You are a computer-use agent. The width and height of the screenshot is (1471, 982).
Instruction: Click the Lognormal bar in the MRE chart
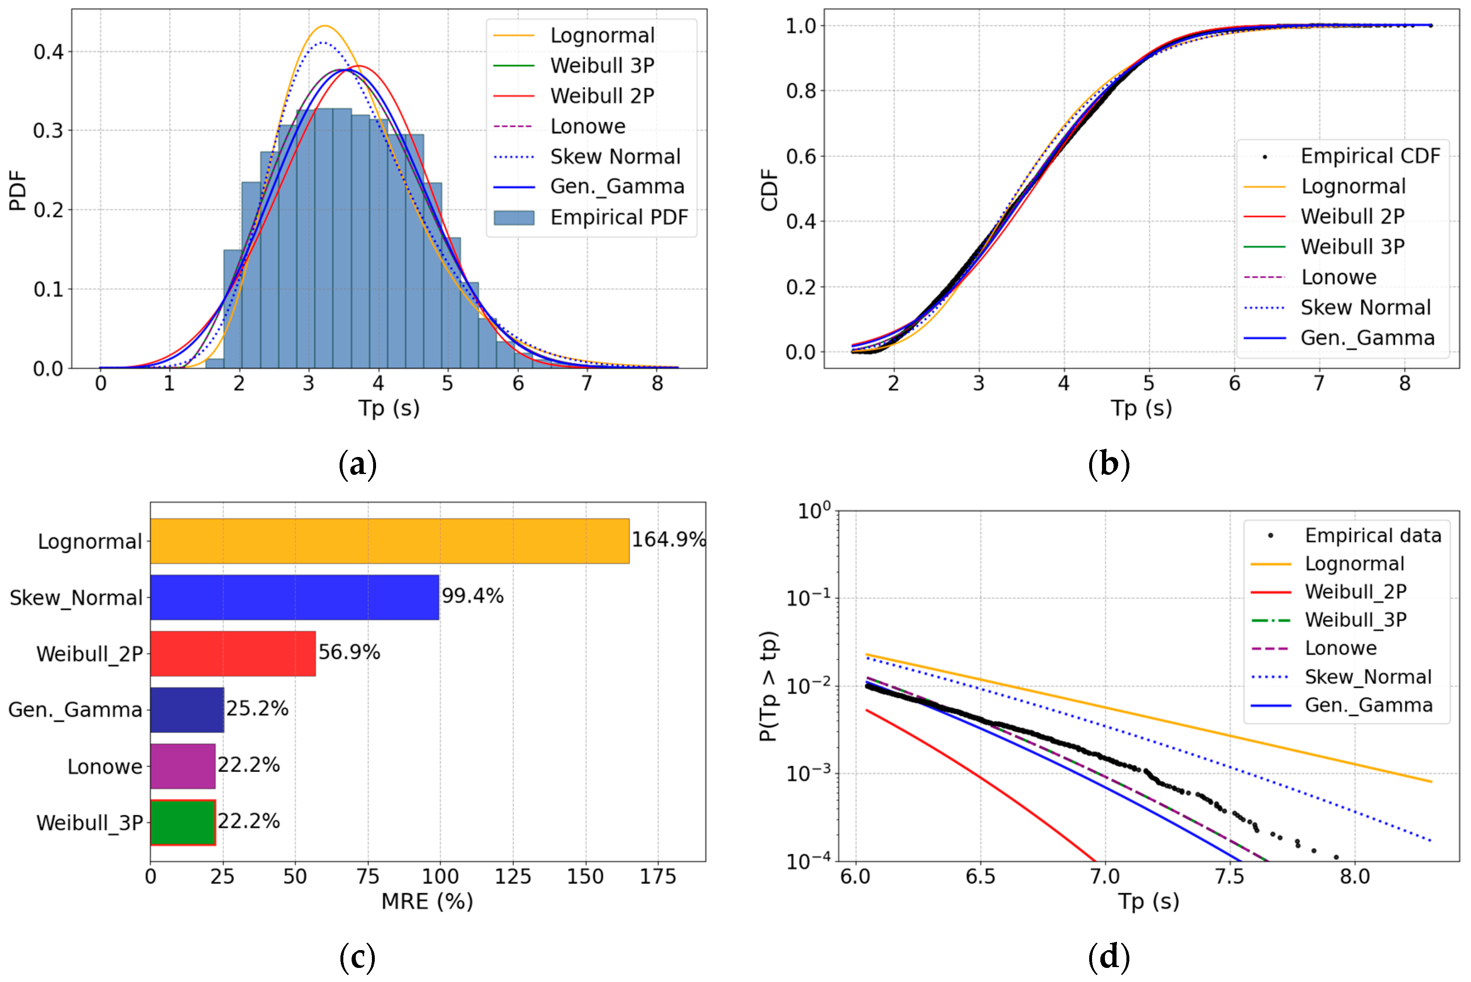[x=389, y=541]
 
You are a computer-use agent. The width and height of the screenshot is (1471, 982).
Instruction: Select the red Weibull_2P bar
[x=233, y=653]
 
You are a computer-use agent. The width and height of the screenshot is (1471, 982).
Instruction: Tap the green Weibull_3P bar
[x=183, y=822]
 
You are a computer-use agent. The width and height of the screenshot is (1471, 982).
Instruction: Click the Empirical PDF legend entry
[x=591, y=217]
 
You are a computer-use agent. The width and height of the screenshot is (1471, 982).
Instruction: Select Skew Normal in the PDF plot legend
[x=587, y=157]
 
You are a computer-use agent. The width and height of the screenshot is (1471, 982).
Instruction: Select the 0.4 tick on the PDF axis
[x=49, y=51]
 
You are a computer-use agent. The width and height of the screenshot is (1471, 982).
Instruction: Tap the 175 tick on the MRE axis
[x=658, y=876]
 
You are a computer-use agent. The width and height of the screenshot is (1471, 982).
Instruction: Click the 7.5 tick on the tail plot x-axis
[x=1230, y=876]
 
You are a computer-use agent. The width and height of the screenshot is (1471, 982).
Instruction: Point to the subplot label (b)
[x=1109, y=465]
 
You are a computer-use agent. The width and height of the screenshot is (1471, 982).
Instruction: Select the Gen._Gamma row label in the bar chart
[x=75, y=710]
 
